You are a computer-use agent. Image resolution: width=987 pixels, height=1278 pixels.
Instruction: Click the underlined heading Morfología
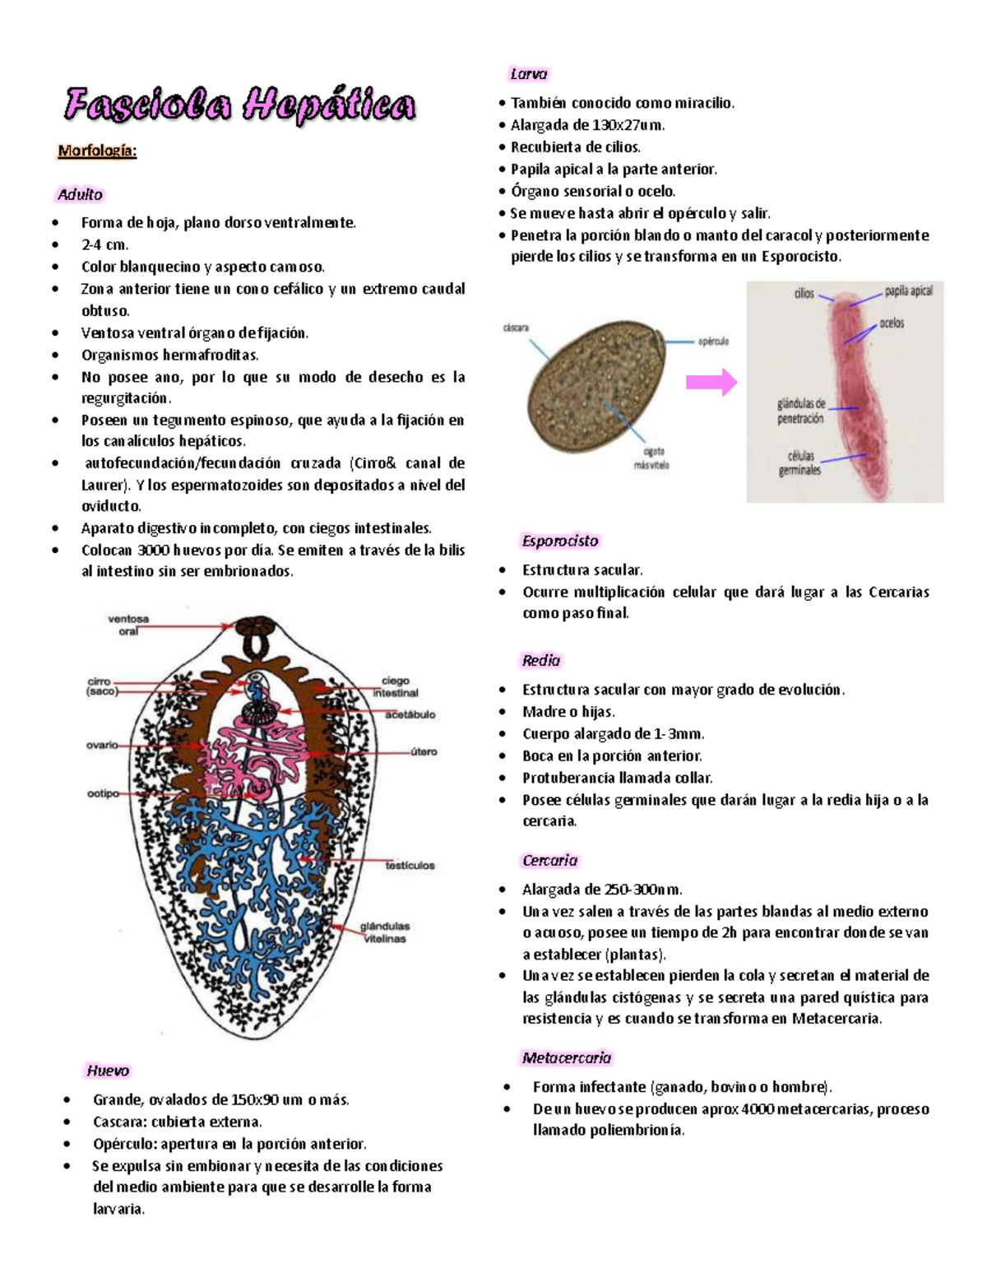97,151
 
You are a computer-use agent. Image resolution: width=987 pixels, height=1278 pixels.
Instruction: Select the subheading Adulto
80,195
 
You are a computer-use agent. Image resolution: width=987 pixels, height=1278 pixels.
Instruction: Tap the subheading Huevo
108,1071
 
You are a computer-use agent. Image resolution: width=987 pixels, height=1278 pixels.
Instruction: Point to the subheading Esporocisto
559,541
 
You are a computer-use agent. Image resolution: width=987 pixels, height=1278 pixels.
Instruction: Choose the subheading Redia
540,660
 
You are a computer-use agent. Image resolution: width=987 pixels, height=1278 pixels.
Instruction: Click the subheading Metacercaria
566,1057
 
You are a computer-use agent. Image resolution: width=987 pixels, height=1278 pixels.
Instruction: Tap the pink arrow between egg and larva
711,382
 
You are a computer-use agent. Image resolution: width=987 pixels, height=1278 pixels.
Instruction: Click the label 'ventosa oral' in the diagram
128,625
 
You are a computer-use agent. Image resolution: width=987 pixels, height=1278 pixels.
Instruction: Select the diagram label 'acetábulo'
410,714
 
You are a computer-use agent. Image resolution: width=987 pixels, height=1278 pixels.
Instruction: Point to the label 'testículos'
410,866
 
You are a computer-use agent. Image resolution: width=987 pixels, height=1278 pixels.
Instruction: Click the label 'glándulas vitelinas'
384,932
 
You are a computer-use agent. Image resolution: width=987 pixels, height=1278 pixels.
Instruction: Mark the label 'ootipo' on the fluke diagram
103,794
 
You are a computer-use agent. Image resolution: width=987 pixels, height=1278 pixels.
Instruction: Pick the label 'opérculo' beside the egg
713,342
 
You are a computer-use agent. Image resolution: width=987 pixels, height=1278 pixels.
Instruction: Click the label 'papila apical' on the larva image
908,291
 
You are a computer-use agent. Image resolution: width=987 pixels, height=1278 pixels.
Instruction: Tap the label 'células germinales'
799,462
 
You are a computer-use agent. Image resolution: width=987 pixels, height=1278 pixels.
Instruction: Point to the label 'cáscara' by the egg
516,328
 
